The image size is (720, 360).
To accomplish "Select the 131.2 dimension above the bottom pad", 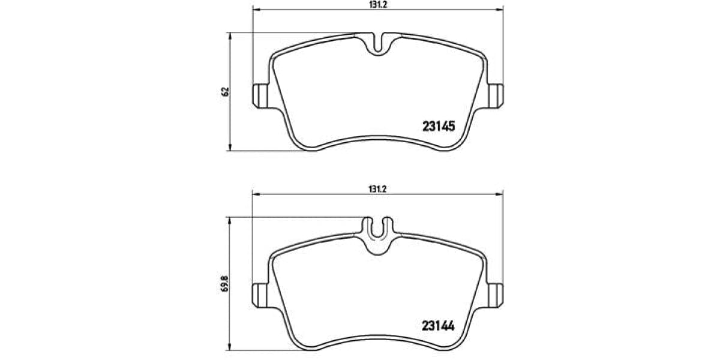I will (x=377, y=188).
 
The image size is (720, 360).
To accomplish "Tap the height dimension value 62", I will (x=225, y=92).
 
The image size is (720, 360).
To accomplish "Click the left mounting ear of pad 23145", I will (x=260, y=95).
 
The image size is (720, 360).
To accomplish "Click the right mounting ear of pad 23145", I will (x=496, y=95).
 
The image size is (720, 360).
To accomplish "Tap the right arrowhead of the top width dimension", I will (x=500, y=10).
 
